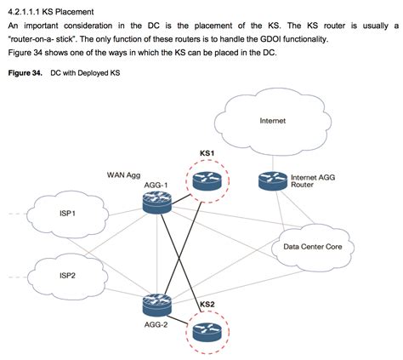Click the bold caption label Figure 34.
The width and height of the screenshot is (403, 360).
click(25, 73)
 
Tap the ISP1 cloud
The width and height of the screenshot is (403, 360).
click(67, 213)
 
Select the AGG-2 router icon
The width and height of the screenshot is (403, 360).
click(156, 303)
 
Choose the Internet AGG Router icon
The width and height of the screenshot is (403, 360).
click(271, 181)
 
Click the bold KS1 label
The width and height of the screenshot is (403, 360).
click(207, 154)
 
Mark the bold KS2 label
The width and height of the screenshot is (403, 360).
click(207, 304)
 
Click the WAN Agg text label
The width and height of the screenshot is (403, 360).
click(124, 175)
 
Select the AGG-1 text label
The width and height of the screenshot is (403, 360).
click(157, 186)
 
